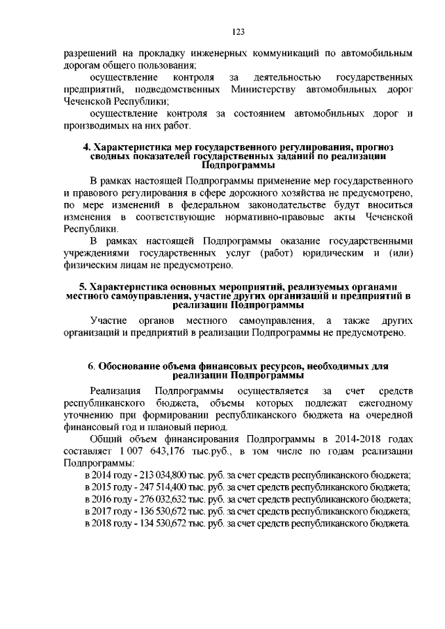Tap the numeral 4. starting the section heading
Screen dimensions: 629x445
click(x=87, y=147)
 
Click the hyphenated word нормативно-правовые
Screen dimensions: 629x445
click(x=275, y=218)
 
